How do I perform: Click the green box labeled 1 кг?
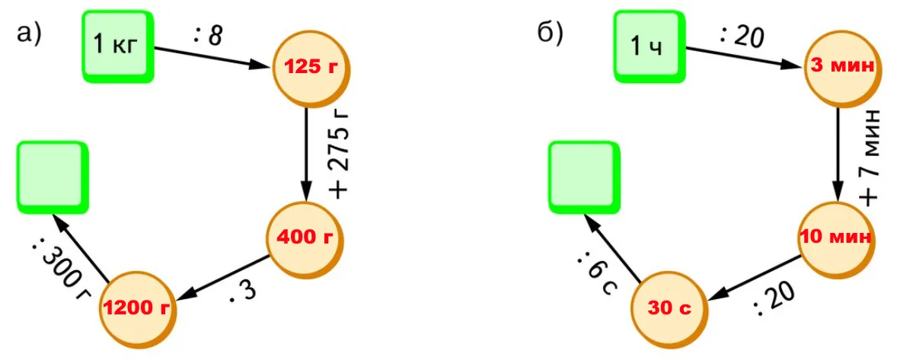(x=117, y=45)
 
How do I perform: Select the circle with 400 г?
(x=305, y=238)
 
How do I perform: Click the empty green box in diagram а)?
(x=52, y=177)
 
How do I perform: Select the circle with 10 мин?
(x=836, y=237)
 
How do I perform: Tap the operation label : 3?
(x=245, y=294)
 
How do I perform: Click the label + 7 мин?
(x=870, y=157)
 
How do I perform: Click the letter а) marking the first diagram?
(x=29, y=33)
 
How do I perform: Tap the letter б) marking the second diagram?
(x=550, y=33)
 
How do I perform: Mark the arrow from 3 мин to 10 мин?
(x=838, y=152)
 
